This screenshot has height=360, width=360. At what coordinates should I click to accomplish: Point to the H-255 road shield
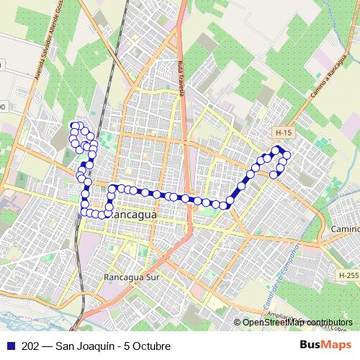pos(348,274)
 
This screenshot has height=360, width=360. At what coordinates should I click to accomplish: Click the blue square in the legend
pos(10,346)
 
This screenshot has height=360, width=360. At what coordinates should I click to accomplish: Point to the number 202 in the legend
pos(31,346)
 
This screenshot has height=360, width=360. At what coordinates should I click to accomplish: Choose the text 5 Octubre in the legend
pos(148,346)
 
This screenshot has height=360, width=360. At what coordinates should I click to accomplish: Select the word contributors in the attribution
pos(328,322)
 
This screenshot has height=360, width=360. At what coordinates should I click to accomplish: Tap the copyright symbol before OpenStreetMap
pos(238,322)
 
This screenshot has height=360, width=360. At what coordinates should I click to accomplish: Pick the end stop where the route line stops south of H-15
pos(274,174)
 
